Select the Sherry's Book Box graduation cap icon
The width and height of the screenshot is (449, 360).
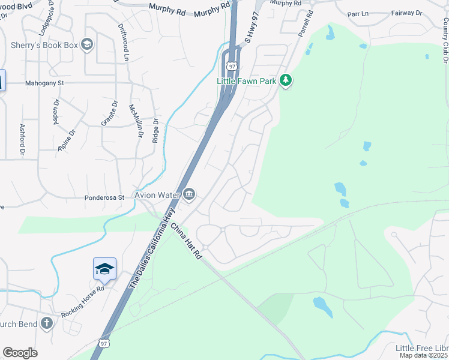(x=87, y=45)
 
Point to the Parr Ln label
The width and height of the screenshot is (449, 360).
(x=360, y=13)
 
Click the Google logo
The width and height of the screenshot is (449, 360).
(x=20, y=353)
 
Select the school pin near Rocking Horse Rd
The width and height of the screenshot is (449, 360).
(x=104, y=269)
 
